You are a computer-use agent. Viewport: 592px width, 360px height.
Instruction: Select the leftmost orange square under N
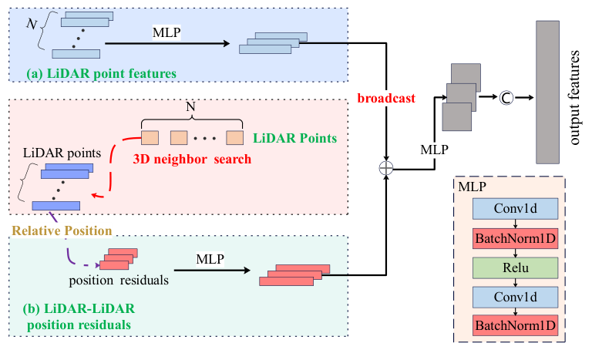(x=151, y=138)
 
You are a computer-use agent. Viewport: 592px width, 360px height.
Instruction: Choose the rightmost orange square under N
(x=234, y=138)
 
